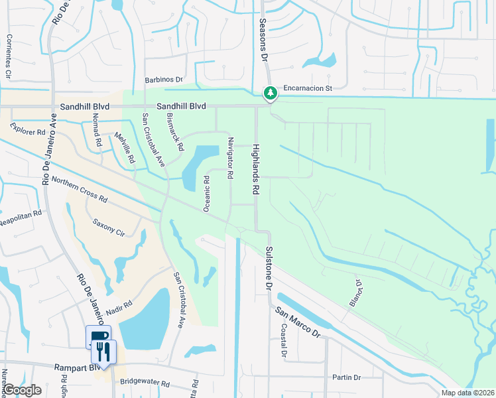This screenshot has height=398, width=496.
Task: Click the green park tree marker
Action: point(270,94)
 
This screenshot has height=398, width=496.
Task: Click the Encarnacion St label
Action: point(307,88)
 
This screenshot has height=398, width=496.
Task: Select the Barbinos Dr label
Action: point(163,80)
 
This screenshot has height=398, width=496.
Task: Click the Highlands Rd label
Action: point(254,170)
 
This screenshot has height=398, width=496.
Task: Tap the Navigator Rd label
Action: point(230,158)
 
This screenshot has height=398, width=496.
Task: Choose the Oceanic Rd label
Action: point(207,193)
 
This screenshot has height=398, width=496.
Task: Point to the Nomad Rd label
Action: point(97,130)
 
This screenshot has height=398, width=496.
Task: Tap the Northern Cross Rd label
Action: point(79,189)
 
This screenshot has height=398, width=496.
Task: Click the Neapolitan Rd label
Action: point(21,216)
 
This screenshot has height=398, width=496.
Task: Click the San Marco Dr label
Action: point(298,322)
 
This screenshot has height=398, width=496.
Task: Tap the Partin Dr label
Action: point(347,377)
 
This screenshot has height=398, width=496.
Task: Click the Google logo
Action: point(21,390)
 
